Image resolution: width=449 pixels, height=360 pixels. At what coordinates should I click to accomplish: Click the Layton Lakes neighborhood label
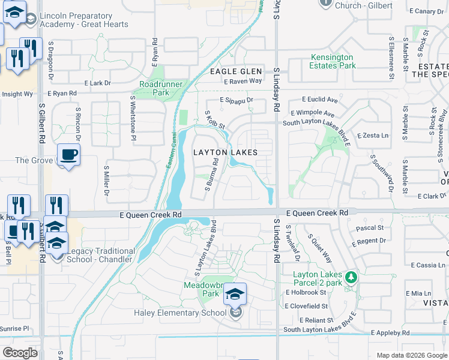pos(225,152)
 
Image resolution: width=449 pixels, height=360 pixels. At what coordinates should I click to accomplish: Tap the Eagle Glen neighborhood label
pos(236,71)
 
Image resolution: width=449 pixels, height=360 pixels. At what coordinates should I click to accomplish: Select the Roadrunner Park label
pos(154,88)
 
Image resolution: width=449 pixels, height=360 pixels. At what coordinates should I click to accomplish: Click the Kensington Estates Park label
pos(332,61)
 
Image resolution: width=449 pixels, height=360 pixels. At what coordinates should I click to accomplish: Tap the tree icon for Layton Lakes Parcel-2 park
pos(352,277)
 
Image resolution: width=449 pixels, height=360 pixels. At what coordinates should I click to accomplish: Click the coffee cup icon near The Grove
pos(68,155)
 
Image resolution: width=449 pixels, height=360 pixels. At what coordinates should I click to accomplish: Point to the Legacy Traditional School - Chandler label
pos(100,255)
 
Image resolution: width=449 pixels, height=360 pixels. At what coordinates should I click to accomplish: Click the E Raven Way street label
pos(243,81)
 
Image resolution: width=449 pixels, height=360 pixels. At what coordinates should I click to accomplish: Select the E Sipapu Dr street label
pos(237,100)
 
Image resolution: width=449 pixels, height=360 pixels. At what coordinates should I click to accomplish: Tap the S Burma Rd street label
pos(211,174)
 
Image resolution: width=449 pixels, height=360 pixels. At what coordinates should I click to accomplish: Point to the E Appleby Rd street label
pos(390,332)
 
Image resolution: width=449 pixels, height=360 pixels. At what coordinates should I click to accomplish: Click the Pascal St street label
pos(370,228)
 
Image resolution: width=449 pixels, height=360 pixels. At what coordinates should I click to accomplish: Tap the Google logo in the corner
pos(20,353)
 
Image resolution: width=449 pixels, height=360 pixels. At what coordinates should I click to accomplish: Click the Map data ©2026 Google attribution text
pos(412,355)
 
